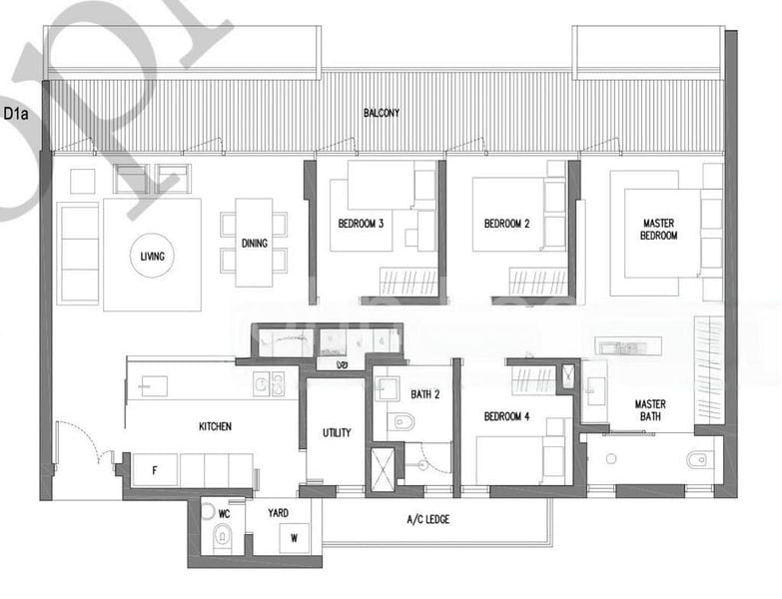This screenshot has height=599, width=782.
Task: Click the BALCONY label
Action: [381, 114]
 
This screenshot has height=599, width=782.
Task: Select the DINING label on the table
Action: [254, 243]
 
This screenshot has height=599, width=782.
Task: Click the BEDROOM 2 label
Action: [506, 225]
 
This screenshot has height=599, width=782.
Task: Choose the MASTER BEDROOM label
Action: [659, 230]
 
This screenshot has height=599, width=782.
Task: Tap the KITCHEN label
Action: [215, 426]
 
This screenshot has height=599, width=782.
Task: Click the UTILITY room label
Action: [336, 434]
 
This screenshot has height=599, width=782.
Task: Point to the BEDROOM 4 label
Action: [506, 416]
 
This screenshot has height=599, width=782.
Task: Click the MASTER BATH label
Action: [650, 410]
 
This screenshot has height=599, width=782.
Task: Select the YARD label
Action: [279, 513]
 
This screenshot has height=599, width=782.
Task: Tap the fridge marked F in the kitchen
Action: [155, 469]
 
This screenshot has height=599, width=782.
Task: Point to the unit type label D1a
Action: [17, 115]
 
